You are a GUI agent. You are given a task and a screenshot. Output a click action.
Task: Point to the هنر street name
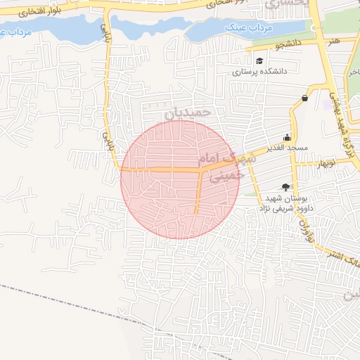pyautogui.click(x=334, y=41)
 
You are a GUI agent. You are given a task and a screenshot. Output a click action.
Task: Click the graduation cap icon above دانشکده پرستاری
pyautogui.click(x=259, y=60)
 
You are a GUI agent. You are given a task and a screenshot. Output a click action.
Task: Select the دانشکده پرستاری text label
pyautogui.click(x=259, y=72)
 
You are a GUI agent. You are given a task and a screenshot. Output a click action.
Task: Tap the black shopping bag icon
pyautogui.click(x=304, y=98)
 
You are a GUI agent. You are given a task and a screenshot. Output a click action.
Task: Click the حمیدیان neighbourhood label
pyautogui.click(x=188, y=112)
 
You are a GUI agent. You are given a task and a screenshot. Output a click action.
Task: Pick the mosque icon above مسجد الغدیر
pyautogui.click(x=287, y=138)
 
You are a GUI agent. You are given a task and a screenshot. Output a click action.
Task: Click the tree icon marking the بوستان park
pyautogui.click(x=285, y=186)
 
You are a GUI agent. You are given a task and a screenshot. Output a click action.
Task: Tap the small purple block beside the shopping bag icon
pyautogui.click(x=325, y=102)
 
